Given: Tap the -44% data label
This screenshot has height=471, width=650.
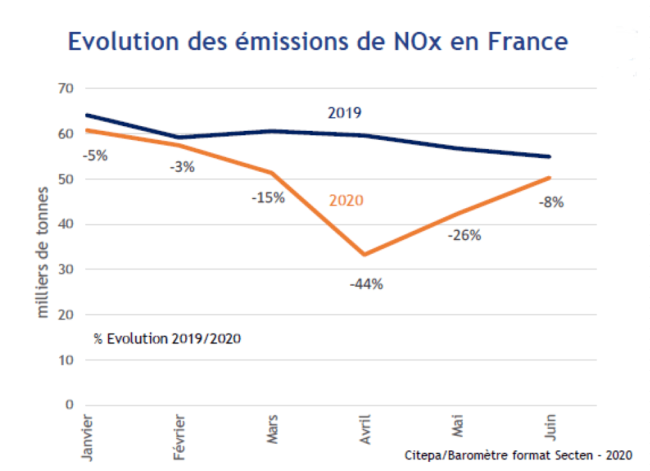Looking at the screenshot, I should tap(366, 284).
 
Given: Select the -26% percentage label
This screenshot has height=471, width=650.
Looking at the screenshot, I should tap(464, 235).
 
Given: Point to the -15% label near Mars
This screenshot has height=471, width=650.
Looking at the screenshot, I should tap(268, 197).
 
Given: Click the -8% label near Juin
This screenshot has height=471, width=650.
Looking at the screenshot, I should tap(551, 202).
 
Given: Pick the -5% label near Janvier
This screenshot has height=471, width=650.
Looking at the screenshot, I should tap(94, 155).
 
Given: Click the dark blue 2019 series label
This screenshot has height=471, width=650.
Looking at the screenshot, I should tap(344, 113).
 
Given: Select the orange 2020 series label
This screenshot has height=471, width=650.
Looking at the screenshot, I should tap(346, 200).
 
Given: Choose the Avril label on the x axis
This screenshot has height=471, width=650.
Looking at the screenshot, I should tap(367, 429).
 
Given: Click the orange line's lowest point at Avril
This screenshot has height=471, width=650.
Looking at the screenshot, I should tap(365, 254).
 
